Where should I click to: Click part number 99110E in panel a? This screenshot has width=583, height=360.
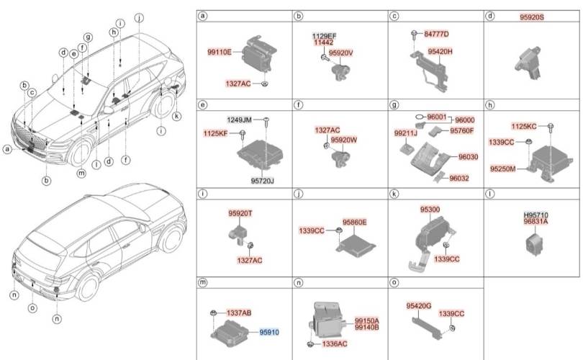[220, 53]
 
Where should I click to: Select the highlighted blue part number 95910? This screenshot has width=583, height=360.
[269, 332]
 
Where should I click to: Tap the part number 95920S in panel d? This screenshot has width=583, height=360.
[532, 17]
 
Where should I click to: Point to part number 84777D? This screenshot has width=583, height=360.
[436, 35]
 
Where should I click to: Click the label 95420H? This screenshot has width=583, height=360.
[440, 52]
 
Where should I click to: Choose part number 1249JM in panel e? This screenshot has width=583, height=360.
[239, 120]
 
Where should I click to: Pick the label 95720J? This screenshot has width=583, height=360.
[263, 181]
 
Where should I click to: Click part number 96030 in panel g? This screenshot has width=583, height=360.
[469, 157]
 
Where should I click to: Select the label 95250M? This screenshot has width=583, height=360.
[502, 169]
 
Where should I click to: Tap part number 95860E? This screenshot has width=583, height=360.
[354, 222]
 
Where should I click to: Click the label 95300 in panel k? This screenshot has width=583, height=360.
[430, 210]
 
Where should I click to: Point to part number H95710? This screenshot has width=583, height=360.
[535, 215]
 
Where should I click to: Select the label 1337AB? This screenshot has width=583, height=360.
[239, 313]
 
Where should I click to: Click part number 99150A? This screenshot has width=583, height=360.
[366, 320]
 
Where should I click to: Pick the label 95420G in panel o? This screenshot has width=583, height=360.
[419, 306]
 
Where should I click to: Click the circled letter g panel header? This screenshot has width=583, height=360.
[394, 105]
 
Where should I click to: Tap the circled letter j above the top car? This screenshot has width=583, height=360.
[139, 17]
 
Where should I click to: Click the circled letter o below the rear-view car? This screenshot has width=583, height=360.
[32, 308]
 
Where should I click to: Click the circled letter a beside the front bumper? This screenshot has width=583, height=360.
[7, 150]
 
